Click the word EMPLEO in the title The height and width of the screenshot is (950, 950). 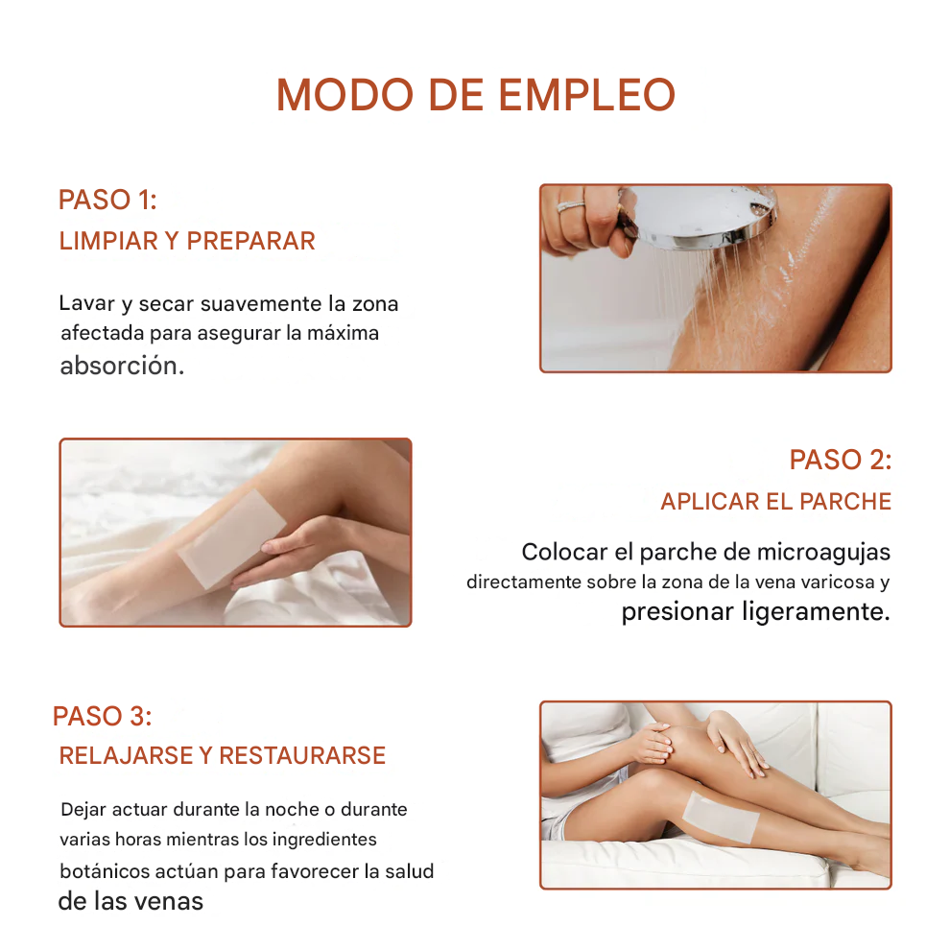coord(586,94)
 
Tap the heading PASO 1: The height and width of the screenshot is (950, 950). coord(107,200)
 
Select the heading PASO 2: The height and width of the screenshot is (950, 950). coord(841,460)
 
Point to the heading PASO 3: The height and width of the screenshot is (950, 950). coord(103,716)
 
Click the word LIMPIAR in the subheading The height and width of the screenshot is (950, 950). coord(108,241)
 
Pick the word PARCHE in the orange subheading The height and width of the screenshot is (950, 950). coord(845,502)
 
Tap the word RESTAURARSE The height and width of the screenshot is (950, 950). coord(302,755)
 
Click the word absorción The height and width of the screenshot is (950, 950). coord(122,366)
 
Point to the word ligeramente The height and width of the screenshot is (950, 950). coord(816,611)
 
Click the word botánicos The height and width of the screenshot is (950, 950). coord(105,871)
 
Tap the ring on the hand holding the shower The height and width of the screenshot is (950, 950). coord(571,206)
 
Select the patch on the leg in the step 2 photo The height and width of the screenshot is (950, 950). coord(232,539)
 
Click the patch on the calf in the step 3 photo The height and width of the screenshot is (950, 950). coord(721,818)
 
